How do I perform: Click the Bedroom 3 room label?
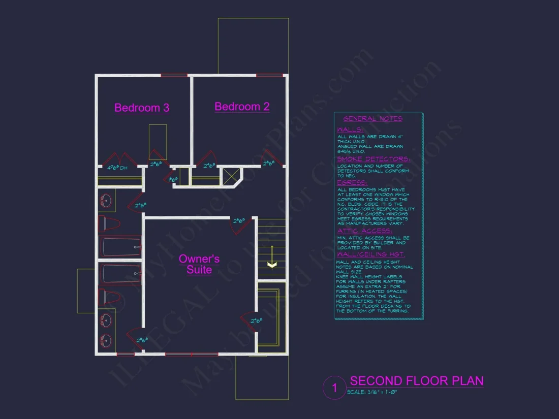click(x=142, y=108)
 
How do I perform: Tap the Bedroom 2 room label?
click(x=242, y=107)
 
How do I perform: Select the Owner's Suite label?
click(x=199, y=264)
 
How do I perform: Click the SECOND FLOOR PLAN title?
click(x=416, y=381)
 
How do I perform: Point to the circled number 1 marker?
click(x=334, y=389)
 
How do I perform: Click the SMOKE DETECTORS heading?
click(x=373, y=159)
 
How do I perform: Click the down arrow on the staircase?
click(x=272, y=264)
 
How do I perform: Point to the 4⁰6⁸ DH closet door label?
click(x=117, y=167)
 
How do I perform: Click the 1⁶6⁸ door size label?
click(x=173, y=179)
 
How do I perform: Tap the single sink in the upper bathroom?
click(x=106, y=201)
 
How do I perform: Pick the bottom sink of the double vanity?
click(x=105, y=340)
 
